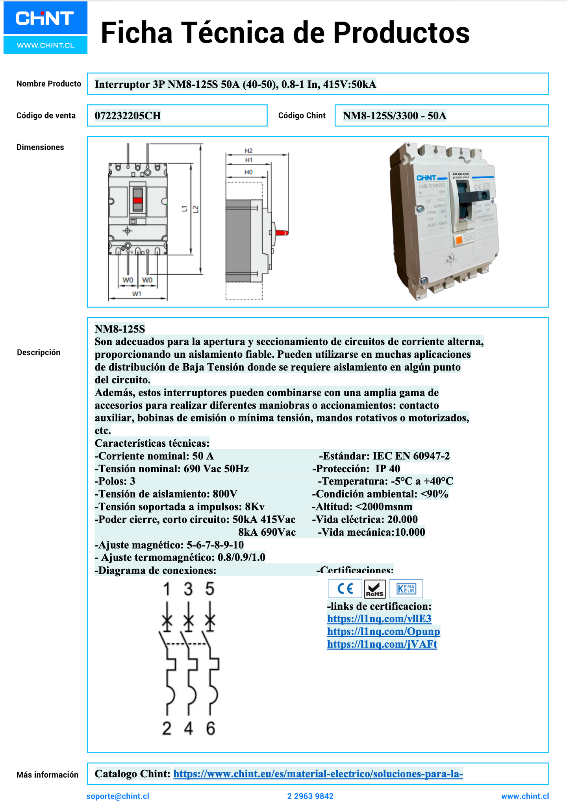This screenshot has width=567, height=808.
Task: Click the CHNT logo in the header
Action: pyautogui.click(x=45, y=18)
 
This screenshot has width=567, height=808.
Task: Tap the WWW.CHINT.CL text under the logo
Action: pyautogui.click(x=45, y=45)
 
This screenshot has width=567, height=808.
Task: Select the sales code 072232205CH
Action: pyautogui.click(x=128, y=116)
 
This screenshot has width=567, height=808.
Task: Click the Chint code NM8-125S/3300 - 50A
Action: pyautogui.click(x=395, y=116)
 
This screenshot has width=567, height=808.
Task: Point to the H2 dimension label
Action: pyautogui.click(x=248, y=151)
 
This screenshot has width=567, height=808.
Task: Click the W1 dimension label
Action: pyautogui.click(x=137, y=294)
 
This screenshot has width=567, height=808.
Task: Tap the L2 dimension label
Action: pyautogui.click(x=196, y=209)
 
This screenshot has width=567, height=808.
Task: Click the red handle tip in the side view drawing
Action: pyautogui.click(x=283, y=233)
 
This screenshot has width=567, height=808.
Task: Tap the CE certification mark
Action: pyautogui.click(x=345, y=589)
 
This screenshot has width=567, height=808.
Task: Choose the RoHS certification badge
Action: pyautogui.click(x=374, y=589)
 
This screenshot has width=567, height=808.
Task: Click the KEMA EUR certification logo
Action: pyautogui.click(x=406, y=589)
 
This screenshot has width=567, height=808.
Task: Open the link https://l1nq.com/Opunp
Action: pyautogui.click(x=384, y=631)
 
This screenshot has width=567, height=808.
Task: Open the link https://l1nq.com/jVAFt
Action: pyautogui.click(x=382, y=644)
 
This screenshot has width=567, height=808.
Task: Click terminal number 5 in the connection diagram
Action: pyautogui.click(x=210, y=589)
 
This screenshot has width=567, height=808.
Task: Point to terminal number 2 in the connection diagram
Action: pyautogui.click(x=167, y=728)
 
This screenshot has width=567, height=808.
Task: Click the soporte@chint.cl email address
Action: pyautogui.click(x=118, y=796)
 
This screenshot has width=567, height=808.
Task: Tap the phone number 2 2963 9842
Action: pyautogui.click(x=310, y=796)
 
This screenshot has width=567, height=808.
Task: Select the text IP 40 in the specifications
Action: pyautogui.click(x=387, y=469)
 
